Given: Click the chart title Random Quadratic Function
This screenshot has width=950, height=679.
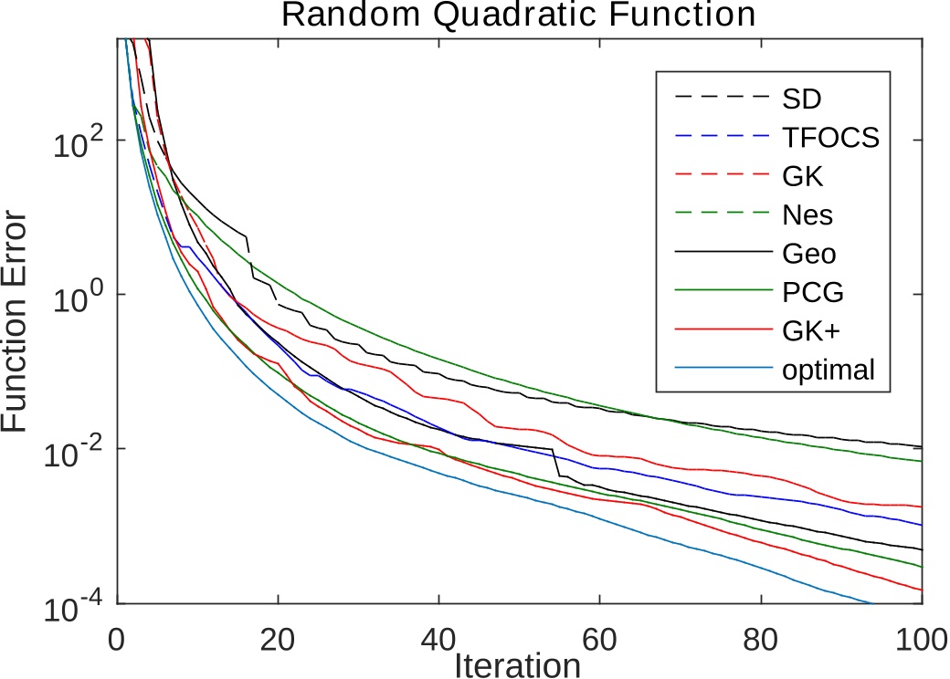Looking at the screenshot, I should [x=517, y=16].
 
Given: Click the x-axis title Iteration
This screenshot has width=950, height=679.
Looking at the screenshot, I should [x=517, y=664].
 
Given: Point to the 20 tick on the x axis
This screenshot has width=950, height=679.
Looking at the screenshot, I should [x=278, y=636].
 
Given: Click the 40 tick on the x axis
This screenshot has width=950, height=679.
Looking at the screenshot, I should [x=439, y=636].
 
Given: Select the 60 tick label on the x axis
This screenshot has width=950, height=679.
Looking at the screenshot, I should [x=600, y=636].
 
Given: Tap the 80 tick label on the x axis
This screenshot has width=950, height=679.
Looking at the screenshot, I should [x=761, y=636].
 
